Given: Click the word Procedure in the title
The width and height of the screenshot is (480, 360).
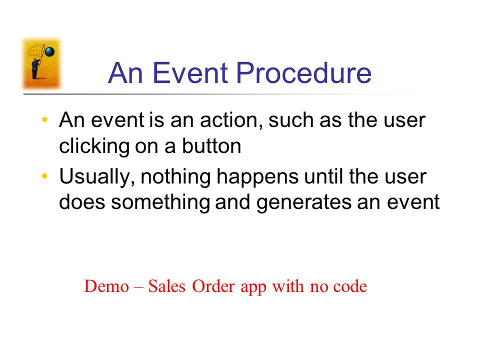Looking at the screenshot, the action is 304,73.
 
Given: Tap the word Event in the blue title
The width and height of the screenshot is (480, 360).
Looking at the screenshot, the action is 190,73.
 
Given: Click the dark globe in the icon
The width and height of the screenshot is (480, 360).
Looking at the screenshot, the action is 49,51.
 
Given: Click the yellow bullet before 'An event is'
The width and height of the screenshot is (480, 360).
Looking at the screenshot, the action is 44,119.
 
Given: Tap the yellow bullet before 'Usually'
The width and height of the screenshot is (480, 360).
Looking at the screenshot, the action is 44,176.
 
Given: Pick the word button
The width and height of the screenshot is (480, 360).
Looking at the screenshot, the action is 212,145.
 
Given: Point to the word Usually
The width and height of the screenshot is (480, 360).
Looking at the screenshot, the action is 97,177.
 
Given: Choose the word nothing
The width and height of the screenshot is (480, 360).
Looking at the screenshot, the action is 175,177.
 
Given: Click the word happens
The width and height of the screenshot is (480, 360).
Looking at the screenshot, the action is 257,177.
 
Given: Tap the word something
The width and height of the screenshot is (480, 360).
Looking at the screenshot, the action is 160,203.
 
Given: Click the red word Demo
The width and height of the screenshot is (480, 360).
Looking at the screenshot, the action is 106,286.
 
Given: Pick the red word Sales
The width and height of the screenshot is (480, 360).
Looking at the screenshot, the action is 167,286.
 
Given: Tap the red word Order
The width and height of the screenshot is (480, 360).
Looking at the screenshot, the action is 213,286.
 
